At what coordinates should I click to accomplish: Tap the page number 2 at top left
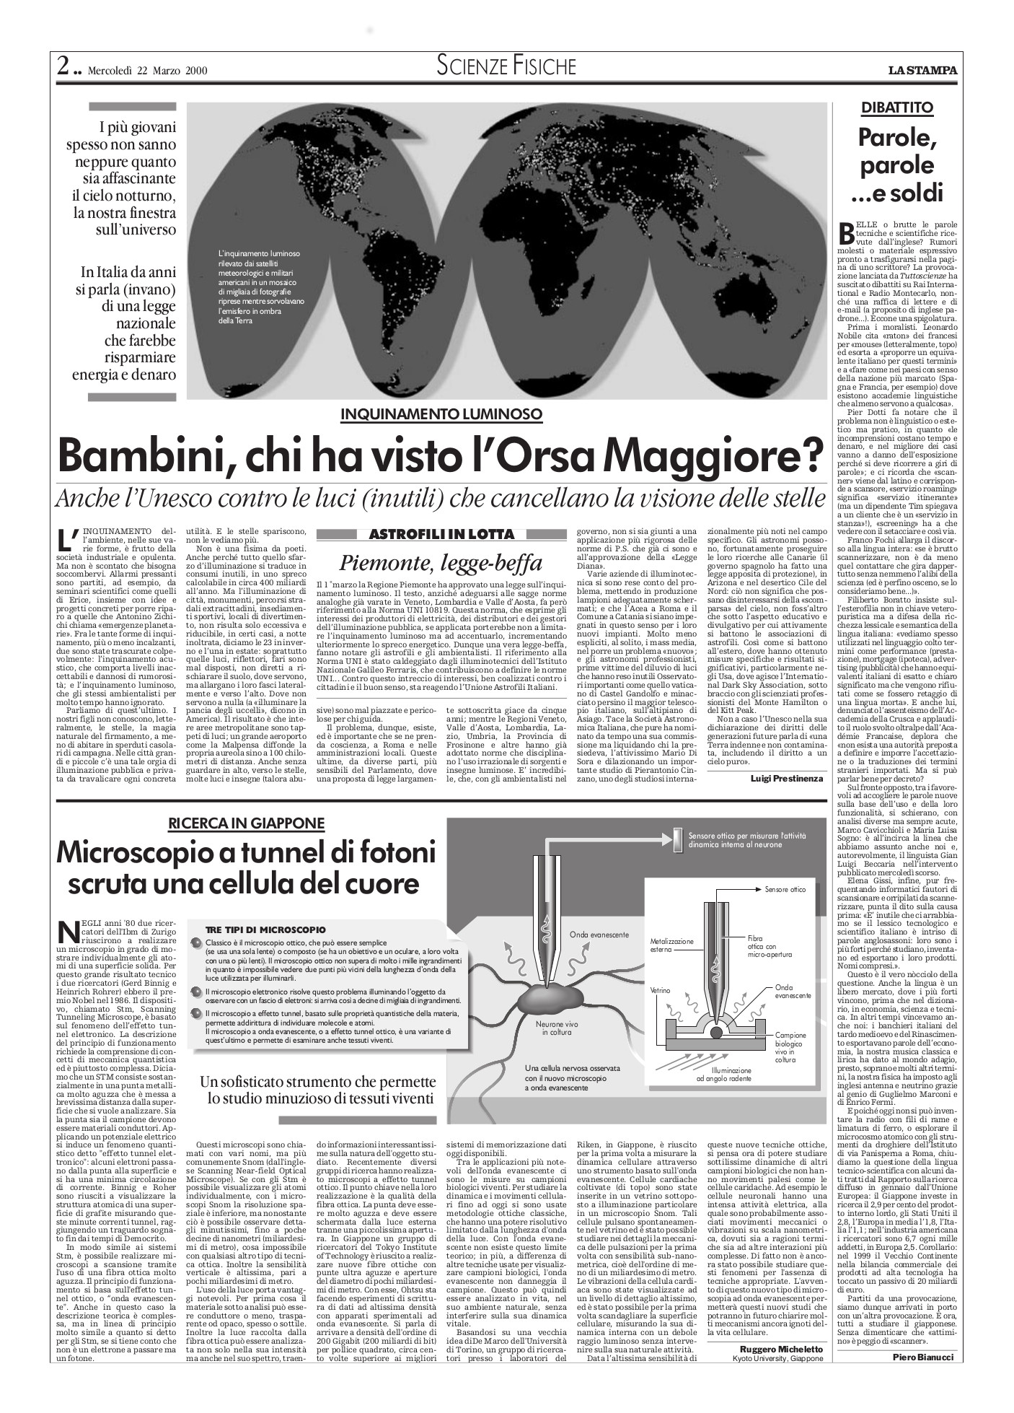coord(63,69)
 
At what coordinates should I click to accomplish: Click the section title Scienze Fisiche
coord(506,66)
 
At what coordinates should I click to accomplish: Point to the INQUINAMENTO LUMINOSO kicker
coord(441,414)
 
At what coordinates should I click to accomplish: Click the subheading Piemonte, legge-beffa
coord(441,562)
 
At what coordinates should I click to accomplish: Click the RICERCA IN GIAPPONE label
coord(247,823)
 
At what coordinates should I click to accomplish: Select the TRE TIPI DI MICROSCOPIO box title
coord(265,929)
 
